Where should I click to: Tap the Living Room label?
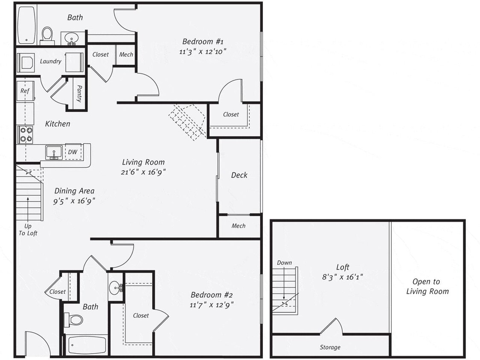[x=143, y=162]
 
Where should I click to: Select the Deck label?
[x=239, y=175]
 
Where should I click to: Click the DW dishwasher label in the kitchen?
[x=73, y=152]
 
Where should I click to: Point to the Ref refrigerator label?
[x=25, y=91]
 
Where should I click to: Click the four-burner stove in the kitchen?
[x=26, y=134]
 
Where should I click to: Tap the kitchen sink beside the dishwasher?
[x=54, y=152]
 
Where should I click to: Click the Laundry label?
[x=50, y=61]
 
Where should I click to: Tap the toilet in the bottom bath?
[x=74, y=319]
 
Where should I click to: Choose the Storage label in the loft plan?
[x=330, y=347]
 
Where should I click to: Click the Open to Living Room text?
[x=427, y=287]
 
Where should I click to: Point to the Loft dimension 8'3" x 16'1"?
[x=343, y=277]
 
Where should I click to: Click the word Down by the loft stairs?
[x=284, y=263]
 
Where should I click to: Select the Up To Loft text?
[x=28, y=229]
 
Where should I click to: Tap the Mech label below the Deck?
[x=239, y=226]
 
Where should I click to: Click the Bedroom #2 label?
[x=212, y=295]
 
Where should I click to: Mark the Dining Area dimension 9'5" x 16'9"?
[x=74, y=201]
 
